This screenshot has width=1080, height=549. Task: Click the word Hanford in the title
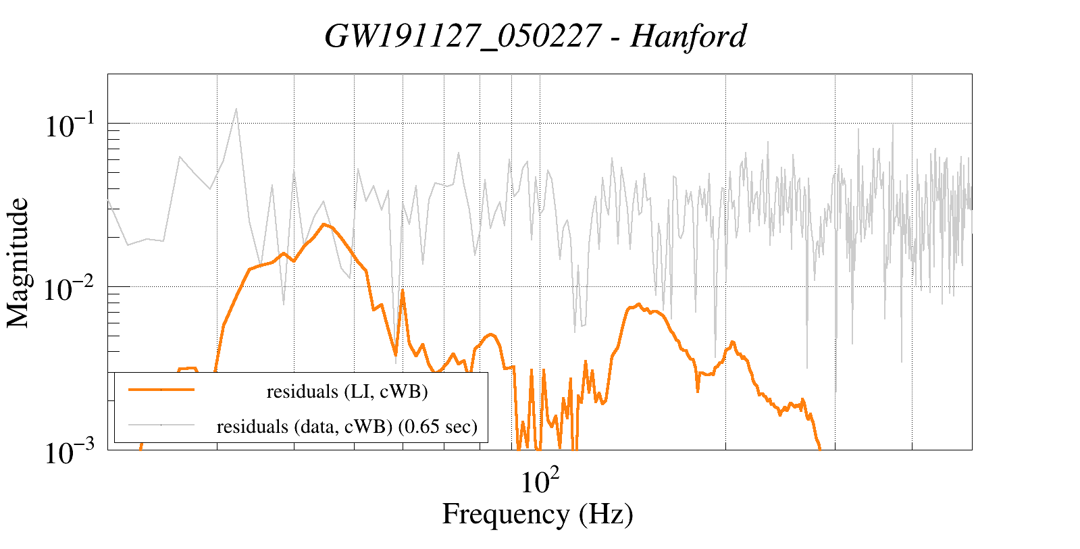click(688, 36)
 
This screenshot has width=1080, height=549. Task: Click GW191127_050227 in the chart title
click(462, 36)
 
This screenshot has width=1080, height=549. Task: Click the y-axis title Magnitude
click(18, 263)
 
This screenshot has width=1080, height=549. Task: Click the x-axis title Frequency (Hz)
click(538, 514)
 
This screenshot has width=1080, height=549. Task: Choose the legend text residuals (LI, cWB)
click(347, 392)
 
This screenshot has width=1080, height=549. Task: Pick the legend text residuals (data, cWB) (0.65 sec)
click(347, 427)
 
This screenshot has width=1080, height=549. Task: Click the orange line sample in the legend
click(161, 390)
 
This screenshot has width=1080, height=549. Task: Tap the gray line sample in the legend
click(161, 425)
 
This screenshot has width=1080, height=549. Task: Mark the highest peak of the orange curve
click(325, 224)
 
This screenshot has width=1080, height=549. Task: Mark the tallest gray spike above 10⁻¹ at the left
click(236, 109)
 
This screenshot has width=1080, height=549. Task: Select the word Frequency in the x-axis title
click(505, 514)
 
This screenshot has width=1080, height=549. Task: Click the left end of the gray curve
click(109, 201)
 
